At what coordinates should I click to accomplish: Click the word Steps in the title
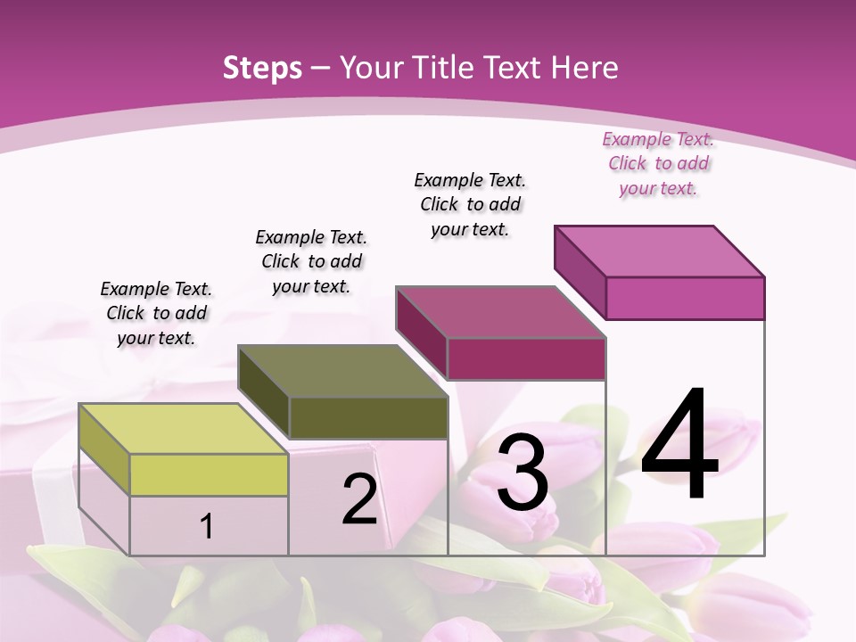[x=262, y=68]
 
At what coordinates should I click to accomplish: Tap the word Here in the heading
[x=585, y=68]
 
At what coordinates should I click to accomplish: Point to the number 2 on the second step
[x=359, y=499]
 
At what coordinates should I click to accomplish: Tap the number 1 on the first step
[x=207, y=526]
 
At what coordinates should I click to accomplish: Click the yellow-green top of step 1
[x=183, y=429]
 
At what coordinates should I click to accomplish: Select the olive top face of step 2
[x=342, y=371]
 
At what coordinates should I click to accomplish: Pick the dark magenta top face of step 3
[x=500, y=312]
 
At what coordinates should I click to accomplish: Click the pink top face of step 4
[x=659, y=251]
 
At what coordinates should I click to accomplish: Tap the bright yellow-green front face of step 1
[x=209, y=474]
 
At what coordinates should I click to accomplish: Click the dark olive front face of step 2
[x=368, y=417]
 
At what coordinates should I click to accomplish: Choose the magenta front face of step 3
[x=526, y=358]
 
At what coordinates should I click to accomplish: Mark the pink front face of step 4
[x=685, y=298]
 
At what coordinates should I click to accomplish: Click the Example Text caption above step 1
[x=156, y=313]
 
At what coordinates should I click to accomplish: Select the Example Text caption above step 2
[x=311, y=261]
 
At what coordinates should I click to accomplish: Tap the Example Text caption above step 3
[x=470, y=204]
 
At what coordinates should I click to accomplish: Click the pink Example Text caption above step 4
[x=658, y=163]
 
